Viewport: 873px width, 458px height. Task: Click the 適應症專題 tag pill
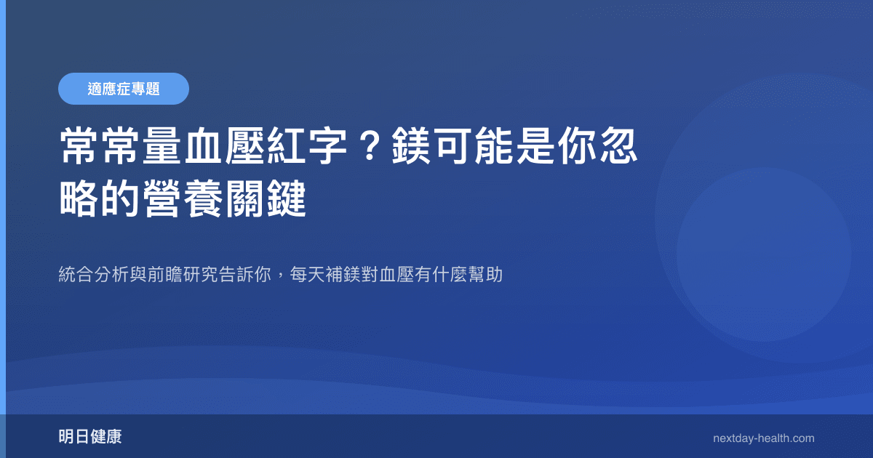(x=124, y=89)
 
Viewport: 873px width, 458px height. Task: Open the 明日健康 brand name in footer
(x=90, y=438)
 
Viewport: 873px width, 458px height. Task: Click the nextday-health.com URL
(x=763, y=438)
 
